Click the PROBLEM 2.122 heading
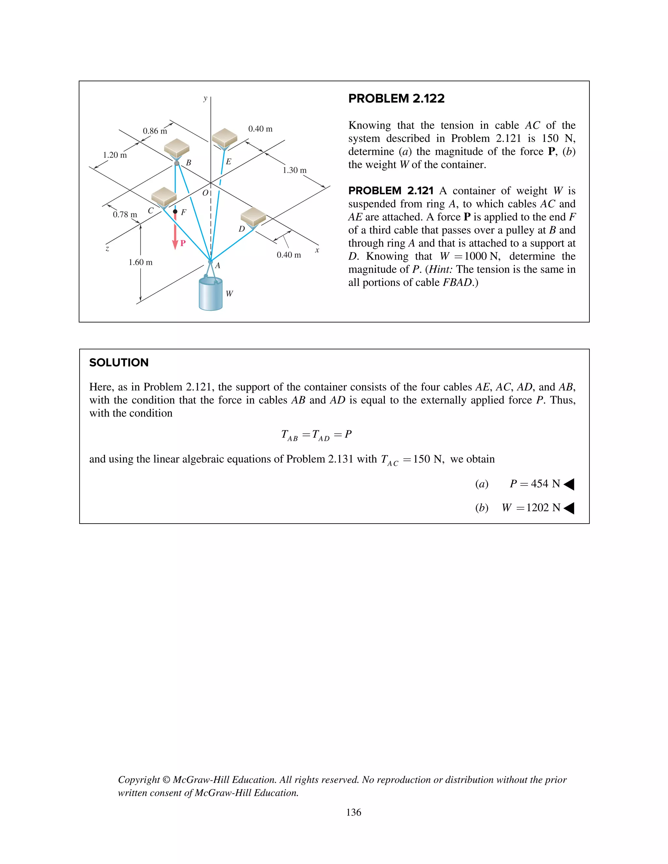(396, 98)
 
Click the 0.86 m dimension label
(155, 131)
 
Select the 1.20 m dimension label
(115, 155)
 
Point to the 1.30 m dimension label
(295, 170)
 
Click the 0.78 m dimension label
(125, 215)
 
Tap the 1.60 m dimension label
(141, 262)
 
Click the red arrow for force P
(175, 233)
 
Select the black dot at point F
(175, 212)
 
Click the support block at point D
(253, 217)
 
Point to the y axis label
(205, 98)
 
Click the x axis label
(317, 250)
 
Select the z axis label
(107, 248)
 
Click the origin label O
(205, 193)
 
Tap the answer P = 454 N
(535, 484)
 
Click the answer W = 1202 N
(531, 508)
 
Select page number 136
(353, 812)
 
